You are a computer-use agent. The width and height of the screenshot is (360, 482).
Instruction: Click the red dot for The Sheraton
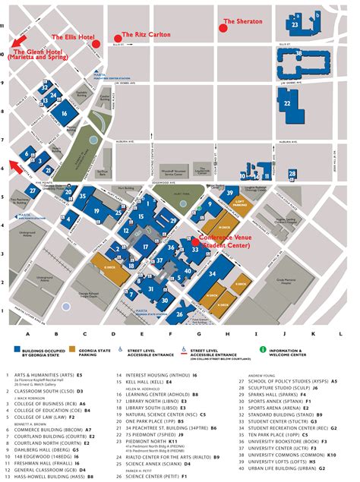point(224,27)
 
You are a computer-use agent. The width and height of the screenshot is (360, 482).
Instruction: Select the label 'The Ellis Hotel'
point(72,36)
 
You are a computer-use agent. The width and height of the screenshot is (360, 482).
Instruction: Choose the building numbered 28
point(292,174)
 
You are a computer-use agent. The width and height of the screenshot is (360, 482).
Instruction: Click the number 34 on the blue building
point(213,273)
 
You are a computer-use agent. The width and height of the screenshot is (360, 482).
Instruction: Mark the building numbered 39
point(229,194)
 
